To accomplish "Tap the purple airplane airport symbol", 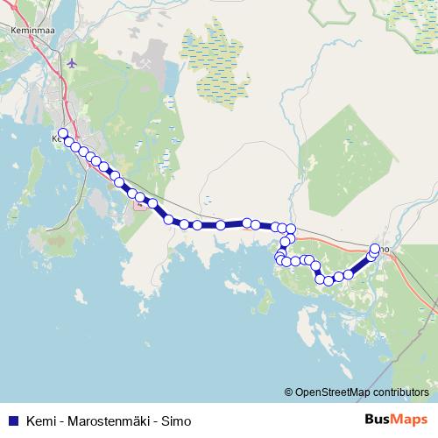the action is pos(71,63).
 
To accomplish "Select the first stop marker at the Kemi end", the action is pos(62,133).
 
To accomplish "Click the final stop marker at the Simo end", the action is pos(376,248).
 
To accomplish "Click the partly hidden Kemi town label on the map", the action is pos(56,138).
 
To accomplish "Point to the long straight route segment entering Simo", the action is pos(359,264).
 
